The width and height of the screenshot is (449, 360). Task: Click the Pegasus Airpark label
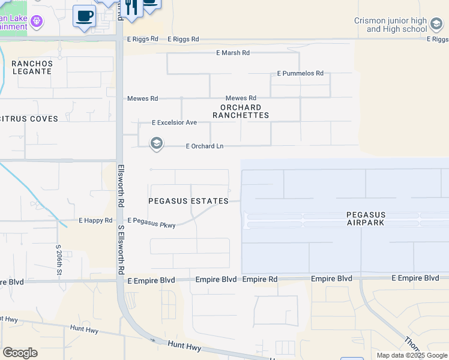(x=366, y=218)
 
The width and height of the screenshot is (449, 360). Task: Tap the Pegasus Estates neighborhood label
(x=188, y=201)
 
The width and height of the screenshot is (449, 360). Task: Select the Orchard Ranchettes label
(x=240, y=111)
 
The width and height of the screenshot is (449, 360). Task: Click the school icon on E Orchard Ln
(x=156, y=143)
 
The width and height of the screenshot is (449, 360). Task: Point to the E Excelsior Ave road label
(x=174, y=122)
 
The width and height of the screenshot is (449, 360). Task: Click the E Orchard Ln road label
(x=204, y=146)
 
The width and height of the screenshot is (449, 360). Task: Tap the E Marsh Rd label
(x=233, y=53)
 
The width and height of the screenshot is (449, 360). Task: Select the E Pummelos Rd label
(x=300, y=73)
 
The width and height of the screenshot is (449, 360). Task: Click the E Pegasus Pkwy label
(x=151, y=223)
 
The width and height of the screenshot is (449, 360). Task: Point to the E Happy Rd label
(x=95, y=220)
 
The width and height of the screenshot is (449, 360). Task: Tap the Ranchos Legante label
(x=32, y=67)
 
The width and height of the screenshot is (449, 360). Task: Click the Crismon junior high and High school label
(x=390, y=25)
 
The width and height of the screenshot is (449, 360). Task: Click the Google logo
(x=20, y=353)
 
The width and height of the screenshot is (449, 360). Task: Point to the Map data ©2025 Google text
(x=412, y=355)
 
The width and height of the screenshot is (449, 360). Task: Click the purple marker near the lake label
(x=37, y=22)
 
